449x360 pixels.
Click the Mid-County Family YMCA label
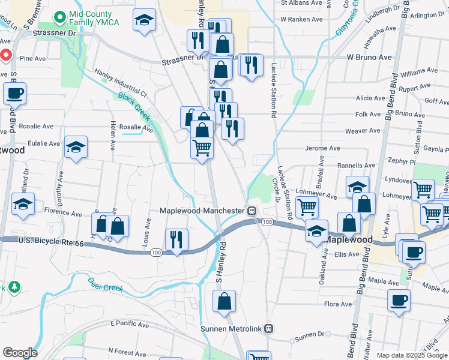95,18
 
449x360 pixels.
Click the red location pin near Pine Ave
5,56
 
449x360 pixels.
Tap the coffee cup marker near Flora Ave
399,300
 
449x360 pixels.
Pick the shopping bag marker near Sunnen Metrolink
224,301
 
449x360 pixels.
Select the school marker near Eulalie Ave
76,147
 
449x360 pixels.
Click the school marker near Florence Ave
23,205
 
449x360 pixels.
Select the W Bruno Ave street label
360,58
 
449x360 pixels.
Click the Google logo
19,353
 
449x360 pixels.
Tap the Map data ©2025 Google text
411,355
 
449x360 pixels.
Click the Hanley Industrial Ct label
121,83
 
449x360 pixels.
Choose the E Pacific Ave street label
129,324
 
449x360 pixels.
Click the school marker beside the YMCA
145,20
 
